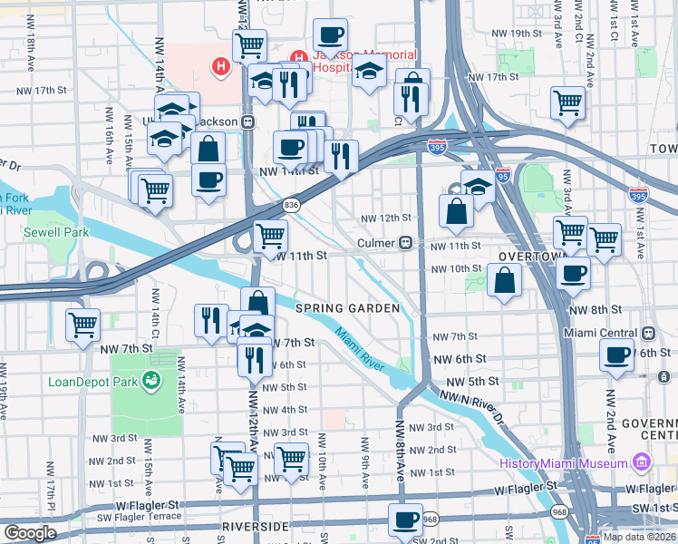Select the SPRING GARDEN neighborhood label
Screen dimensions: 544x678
(347, 308)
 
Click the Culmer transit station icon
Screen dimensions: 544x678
(408, 243)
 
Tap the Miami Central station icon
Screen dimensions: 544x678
(648, 333)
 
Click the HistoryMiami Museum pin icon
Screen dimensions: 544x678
(643, 464)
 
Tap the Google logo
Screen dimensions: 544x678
(30, 533)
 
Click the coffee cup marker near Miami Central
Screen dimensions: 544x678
(616, 355)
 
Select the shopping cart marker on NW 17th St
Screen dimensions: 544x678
(567, 102)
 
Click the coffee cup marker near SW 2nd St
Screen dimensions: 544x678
(405, 520)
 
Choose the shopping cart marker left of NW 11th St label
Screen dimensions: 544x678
(270, 237)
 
